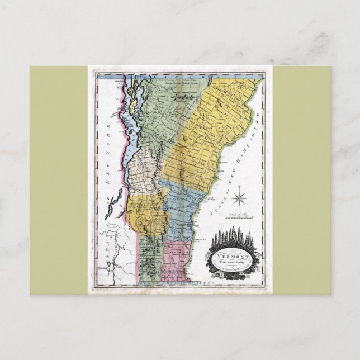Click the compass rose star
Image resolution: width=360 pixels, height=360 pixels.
[242, 198]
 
